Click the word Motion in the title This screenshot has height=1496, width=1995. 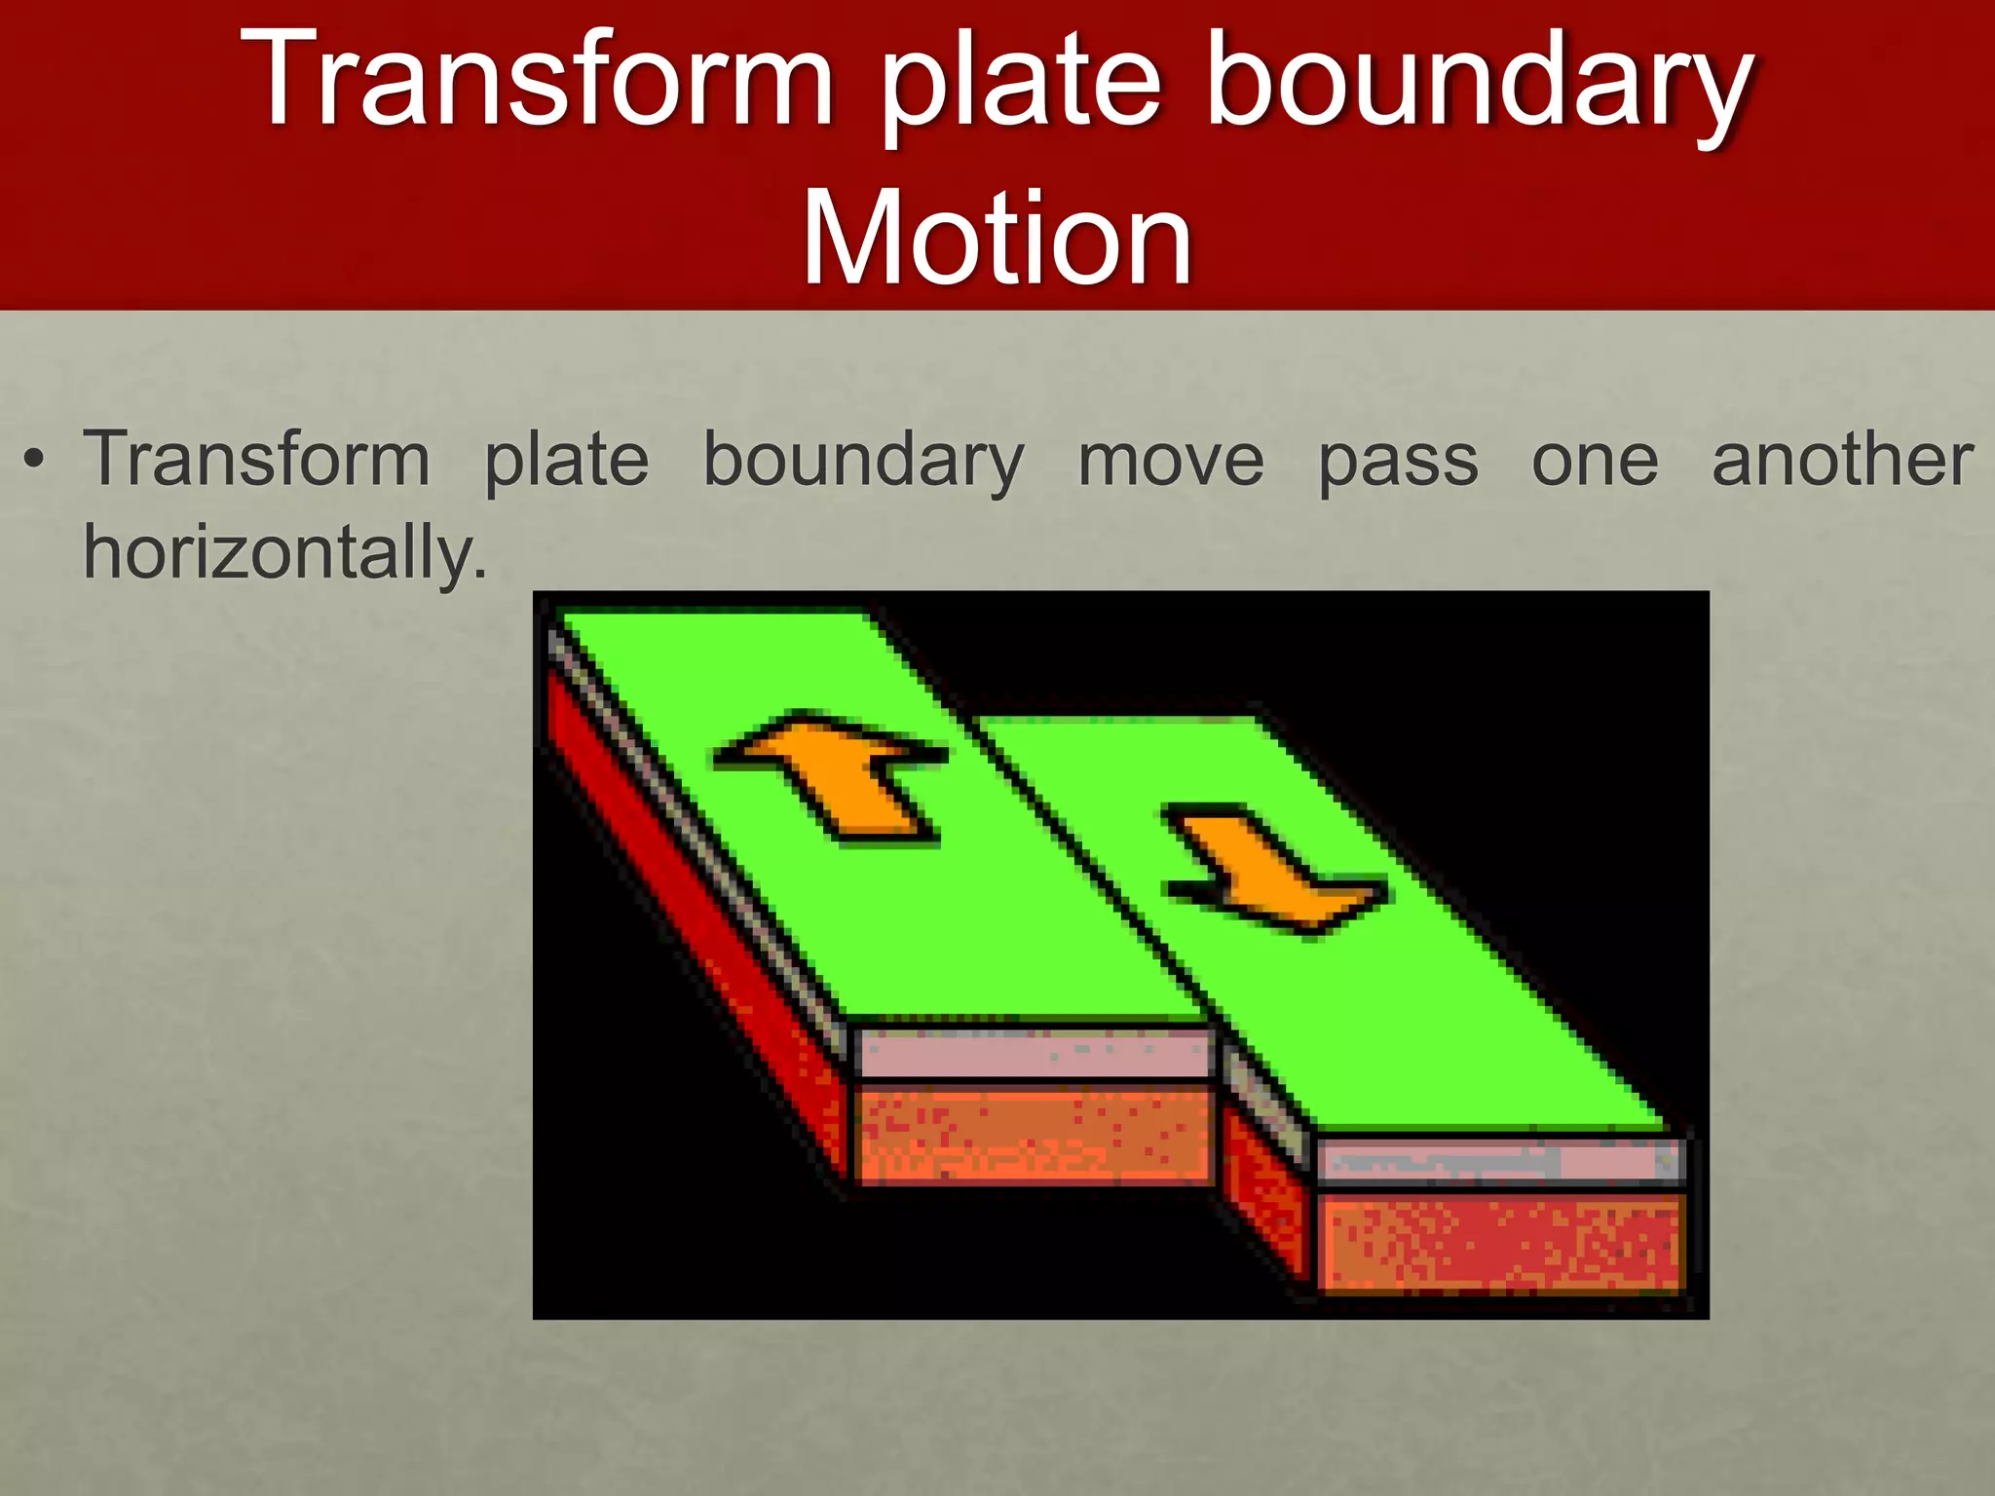pos(997,239)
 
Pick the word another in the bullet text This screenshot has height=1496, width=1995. pos(1842,460)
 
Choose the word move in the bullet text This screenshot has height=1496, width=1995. pos(1170,460)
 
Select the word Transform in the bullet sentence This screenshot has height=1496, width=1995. pos(256,459)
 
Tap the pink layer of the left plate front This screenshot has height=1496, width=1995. pos(1033,1054)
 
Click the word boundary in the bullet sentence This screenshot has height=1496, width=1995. pos(863,461)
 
